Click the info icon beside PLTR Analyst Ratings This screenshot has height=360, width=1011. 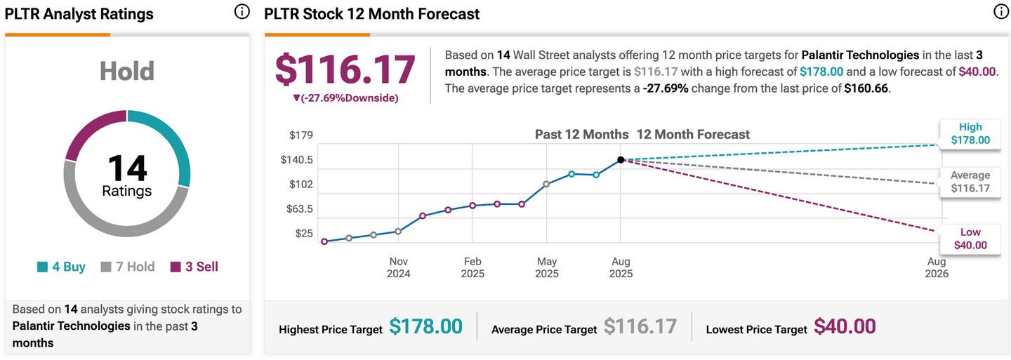[x=241, y=12]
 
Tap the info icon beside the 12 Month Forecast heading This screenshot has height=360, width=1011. [x=1000, y=12]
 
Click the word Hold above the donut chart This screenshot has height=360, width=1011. [x=127, y=71]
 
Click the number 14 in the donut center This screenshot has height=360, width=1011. [x=127, y=168]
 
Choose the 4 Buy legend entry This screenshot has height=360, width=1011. [x=61, y=267]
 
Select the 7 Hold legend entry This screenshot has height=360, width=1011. [x=128, y=267]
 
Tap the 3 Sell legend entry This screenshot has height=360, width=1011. [x=193, y=267]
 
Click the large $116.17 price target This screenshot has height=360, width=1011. [x=345, y=69]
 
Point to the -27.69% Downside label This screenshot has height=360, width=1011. [x=345, y=98]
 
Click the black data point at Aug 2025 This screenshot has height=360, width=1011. [x=621, y=160]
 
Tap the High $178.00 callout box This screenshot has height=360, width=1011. [x=970, y=133]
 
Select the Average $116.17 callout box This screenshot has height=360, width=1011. [x=970, y=182]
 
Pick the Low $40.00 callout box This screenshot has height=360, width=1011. [x=970, y=239]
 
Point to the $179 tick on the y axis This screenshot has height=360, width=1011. [x=302, y=135]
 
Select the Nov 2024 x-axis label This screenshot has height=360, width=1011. [x=398, y=267]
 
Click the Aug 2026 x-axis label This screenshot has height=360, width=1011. [x=937, y=267]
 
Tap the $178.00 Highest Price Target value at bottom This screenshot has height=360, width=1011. [x=426, y=327]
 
